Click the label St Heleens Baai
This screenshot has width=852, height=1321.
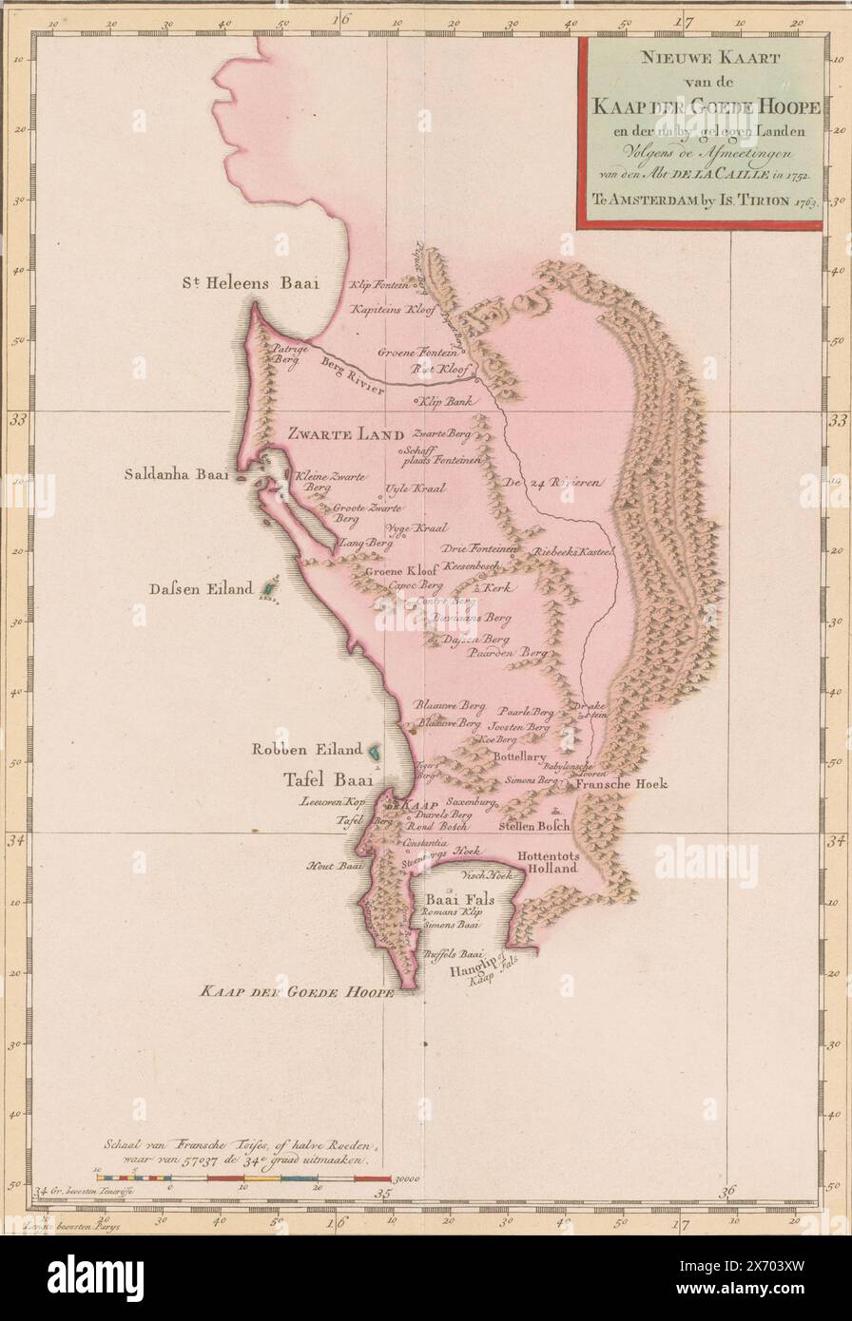pyautogui.click(x=252, y=282)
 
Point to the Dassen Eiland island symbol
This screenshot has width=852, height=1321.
pyautogui.click(x=269, y=589)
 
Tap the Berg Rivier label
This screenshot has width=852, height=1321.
pyautogui.click(x=352, y=376)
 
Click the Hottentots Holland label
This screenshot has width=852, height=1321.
pyautogui.click(x=548, y=861)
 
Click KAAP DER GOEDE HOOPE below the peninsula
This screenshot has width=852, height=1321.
pyautogui.click(x=296, y=993)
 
